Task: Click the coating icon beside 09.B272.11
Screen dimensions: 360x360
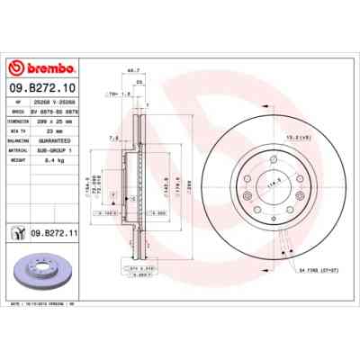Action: (18, 233)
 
